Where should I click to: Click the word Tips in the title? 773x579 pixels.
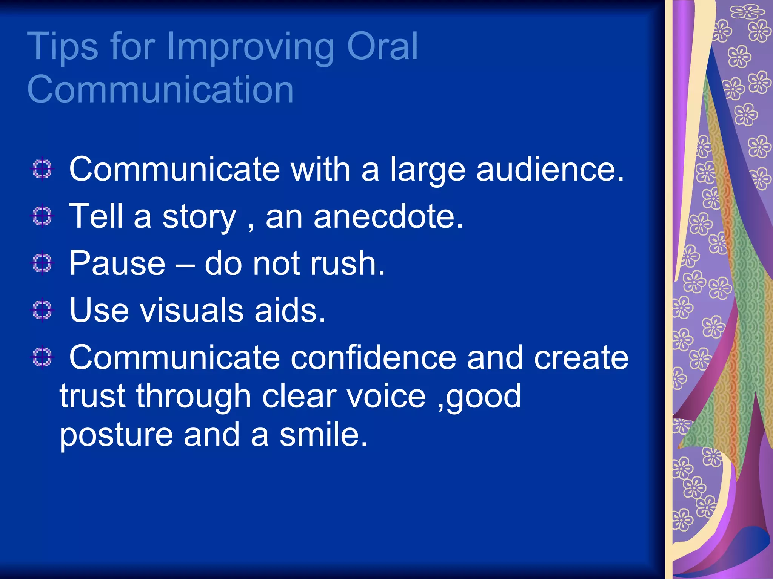point(62,47)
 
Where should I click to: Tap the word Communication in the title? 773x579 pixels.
point(160,89)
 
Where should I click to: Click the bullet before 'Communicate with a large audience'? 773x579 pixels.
point(42,169)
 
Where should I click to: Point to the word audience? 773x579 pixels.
point(550,169)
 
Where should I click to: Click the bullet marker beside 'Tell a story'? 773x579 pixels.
point(42,216)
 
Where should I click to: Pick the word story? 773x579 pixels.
point(199,218)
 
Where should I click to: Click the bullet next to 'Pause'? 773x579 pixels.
point(42,263)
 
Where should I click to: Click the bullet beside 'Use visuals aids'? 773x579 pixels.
point(42,310)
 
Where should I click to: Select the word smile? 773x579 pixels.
point(323,435)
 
